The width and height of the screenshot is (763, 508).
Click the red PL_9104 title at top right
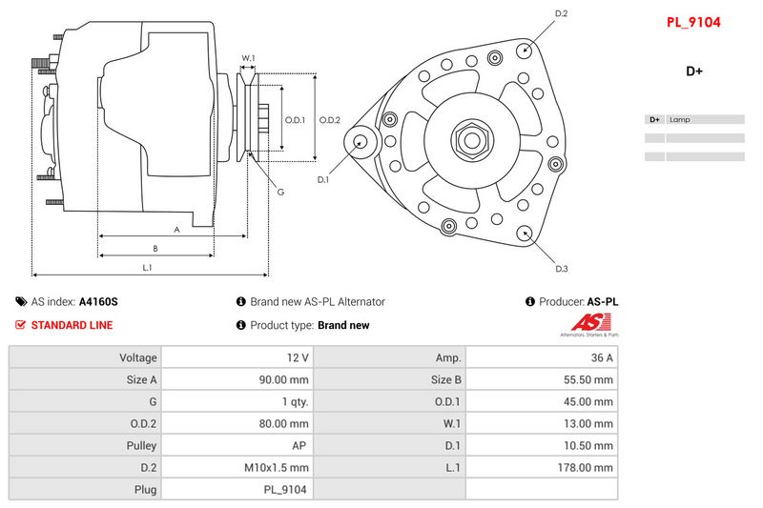(x=693, y=22)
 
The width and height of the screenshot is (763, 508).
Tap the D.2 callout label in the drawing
(x=561, y=13)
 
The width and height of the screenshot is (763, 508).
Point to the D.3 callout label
(x=562, y=269)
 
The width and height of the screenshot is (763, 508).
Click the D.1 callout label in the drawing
(x=323, y=179)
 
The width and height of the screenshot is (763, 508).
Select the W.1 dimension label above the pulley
(x=248, y=58)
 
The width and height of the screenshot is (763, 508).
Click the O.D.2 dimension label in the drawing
(x=329, y=120)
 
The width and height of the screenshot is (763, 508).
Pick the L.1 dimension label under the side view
(x=147, y=268)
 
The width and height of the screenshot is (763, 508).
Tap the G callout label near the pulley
(x=280, y=192)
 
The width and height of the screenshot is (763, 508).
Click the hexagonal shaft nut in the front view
(x=471, y=140)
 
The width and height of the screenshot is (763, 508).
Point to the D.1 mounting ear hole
(x=360, y=142)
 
